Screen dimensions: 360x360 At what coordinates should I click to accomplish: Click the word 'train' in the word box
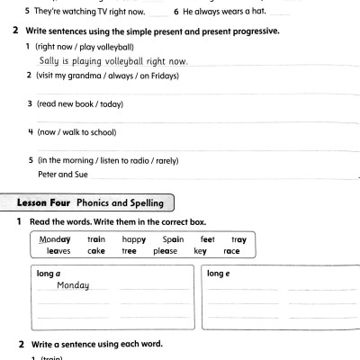[x=97, y=239]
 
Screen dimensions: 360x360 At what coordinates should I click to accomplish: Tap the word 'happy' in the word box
[x=134, y=239]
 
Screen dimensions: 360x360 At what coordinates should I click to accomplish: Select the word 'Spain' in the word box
[x=173, y=239]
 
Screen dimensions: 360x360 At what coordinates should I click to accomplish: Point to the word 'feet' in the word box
[x=207, y=239]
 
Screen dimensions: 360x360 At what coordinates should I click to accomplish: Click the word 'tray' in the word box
[x=238, y=239]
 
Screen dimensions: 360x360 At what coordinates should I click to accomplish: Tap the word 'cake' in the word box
[x=97, y=251]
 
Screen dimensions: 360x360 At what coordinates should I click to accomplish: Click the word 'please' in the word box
[x=166, y=251]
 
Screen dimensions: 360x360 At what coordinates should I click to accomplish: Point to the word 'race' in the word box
[x=232, y=251]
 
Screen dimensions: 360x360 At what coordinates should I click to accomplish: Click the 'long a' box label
[x=48, y=274]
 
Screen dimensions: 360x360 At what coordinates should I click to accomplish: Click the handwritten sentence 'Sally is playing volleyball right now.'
[x=112, y=60]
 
